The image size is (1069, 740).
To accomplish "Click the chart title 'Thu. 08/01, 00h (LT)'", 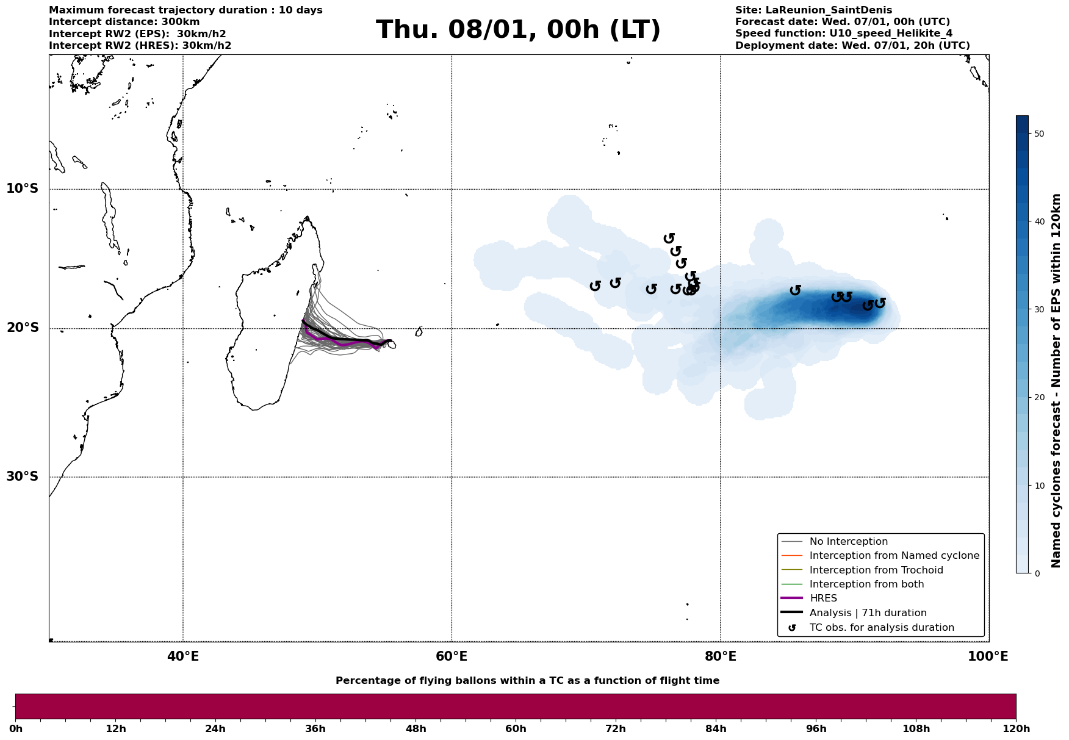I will tap(518, 30).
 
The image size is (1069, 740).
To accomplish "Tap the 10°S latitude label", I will tap(23, 189).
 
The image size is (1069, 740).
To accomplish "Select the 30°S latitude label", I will tap(23, 476).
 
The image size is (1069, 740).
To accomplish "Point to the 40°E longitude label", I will tap(183, 656).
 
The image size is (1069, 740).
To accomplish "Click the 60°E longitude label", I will tap(452, 656).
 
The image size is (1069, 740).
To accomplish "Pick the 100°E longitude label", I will tap(988, 656).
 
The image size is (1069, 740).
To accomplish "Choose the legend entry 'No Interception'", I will tap(848, 542).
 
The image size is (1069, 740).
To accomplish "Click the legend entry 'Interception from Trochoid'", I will tap(876, 570).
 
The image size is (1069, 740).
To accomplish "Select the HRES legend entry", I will tap(823, 598).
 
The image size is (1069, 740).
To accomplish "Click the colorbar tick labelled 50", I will tap(1037, 134).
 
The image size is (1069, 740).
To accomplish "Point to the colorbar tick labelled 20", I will tap(1037, 398).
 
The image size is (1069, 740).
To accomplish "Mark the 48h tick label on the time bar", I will tap(416, 729).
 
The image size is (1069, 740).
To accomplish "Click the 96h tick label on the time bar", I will tap(816, 729).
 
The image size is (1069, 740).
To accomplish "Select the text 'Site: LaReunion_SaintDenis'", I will tap(813, 10).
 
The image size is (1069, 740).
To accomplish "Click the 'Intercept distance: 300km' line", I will tap(124, 22).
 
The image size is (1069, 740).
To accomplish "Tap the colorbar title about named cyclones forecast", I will tap(1057, 381).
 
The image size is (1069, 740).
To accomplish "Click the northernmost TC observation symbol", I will tap(669, 238).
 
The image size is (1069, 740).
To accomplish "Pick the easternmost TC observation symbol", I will tap(880, 303).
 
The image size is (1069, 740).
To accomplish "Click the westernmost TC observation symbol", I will tap(596, 286).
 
